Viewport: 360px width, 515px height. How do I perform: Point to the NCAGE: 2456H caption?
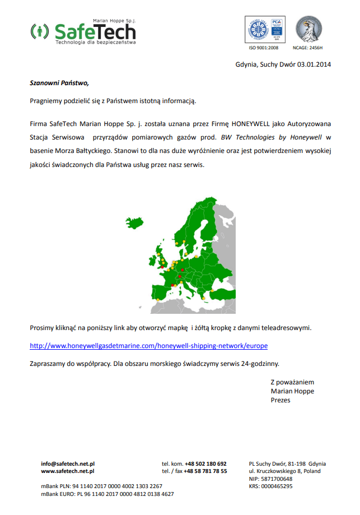click(x=308, y=48)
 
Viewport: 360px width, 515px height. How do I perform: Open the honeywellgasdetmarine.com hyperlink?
click(x=148, y=345)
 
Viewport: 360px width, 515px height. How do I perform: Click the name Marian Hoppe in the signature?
click(x=292, y=391)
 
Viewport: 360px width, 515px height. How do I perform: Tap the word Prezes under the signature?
click(x=280, y=400)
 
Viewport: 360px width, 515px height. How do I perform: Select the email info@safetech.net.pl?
click(x=68, y=464)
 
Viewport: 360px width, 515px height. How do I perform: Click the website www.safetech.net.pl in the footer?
click(x=68, y=471)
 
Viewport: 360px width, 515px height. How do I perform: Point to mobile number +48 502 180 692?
click(x=205, y=464)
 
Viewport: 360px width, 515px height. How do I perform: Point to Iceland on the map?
click(x=135, y=221)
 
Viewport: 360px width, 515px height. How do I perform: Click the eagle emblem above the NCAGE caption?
click(x=308, y=29)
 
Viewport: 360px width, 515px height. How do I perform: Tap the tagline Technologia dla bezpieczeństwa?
click(x=95, y=42)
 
